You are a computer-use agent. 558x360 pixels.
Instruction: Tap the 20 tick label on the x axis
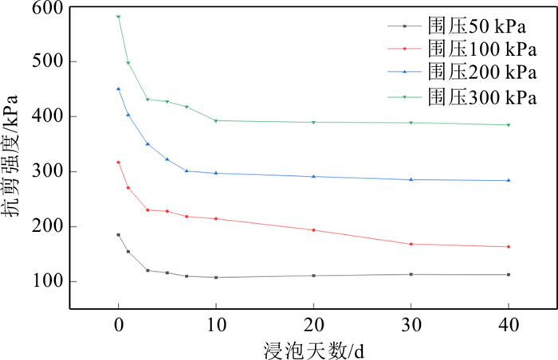pyautogui.click(x=313, y=323)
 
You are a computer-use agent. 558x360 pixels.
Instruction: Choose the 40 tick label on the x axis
pyautogui.click(x=509, y=323)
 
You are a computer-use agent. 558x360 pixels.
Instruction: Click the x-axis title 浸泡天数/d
pyautogui.click(x=313, y=349)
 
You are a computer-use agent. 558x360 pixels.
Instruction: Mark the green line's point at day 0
pyautogui.click(x=118, y=17)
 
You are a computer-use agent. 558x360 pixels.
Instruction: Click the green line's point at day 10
pyautogui.click(x=216, y=121)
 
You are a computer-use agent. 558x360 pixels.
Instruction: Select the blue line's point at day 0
pyautogui.click(x=118, y=89)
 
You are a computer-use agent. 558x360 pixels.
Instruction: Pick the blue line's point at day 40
pyautogui.click(x=509, y=180)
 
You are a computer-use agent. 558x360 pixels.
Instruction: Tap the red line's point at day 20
pyautogui.click(x=313, y=230)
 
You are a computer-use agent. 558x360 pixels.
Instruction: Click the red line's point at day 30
pyautogui.click(x=411, y=244)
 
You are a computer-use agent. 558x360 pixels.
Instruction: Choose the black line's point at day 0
pyautogui.click(x=118, y=235)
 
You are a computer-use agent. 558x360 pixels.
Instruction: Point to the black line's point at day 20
pyautogui.click(x=313, y=276)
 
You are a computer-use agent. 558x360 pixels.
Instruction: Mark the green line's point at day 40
pyautogui.click(x=509, y=125)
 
